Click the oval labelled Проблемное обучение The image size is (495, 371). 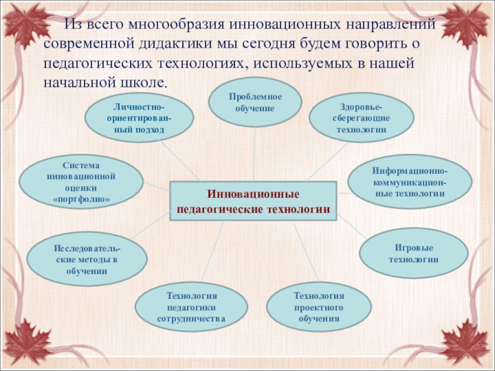(254, 103)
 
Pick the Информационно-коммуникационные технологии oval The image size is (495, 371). (410, 182)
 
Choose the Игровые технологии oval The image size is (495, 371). (413, 253)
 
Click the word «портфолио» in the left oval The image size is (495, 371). (81, 200)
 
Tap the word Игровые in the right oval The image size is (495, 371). (413, 247)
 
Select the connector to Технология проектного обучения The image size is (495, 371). (306, 254)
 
